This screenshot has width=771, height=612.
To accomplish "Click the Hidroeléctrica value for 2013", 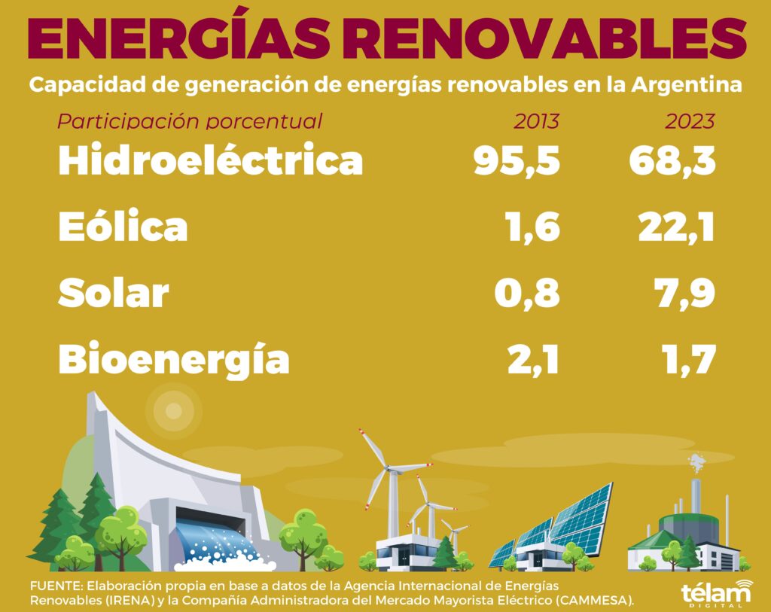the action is point(517,161).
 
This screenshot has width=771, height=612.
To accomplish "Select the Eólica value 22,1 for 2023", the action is point(677,227).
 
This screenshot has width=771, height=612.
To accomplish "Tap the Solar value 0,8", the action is point(527,294).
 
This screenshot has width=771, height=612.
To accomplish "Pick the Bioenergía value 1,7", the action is point(688,360).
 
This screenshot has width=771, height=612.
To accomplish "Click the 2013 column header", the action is point(536,121).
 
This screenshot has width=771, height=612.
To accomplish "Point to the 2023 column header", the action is point(690,121).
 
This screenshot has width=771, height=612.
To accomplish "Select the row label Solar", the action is point(114,293).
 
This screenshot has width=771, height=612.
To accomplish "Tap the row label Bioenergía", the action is point(174,359).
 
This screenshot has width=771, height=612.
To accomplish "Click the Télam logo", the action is point(718,593).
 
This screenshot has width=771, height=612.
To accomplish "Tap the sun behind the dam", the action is point(174,411).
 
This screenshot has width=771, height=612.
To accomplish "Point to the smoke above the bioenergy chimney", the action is point(696,463).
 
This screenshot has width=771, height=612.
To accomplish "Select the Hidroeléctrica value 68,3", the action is point(672,161).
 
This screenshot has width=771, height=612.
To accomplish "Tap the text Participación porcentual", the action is point(190,121).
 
